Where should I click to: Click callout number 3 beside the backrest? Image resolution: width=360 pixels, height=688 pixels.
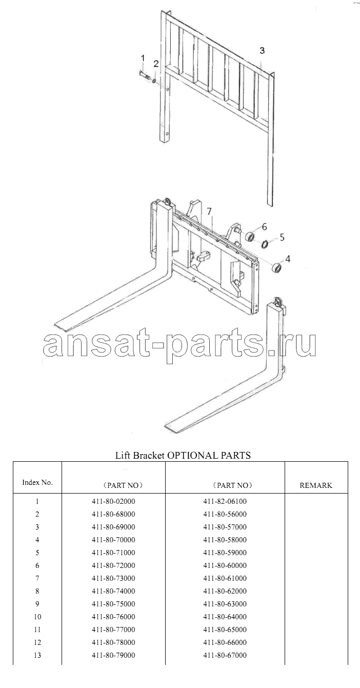pyautogui.click(x=262, y=50)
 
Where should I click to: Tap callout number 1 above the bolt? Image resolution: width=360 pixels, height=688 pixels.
pyautogui.click(x=143, y=58)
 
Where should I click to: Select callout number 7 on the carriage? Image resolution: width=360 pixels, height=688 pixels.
pyautogui.click(x=209, y=211)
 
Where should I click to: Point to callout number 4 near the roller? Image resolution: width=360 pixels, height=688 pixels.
pyautogui.click(x=288, y=259)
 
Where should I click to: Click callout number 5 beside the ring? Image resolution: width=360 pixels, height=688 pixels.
pyautogui.click(x=282, y=237)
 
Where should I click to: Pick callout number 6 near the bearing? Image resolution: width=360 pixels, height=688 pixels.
pyautogui.click(x=264, y=227)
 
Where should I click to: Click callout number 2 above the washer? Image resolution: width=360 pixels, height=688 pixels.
pyautogui.click(x=156, y=64)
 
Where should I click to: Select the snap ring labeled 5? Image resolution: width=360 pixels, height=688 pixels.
pyautogui.click(x=265, y=244)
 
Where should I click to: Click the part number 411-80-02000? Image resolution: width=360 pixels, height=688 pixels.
pyautogui.click(x=113, y=501)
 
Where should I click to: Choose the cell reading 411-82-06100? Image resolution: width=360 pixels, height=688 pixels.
pyautogui.click(x=225, y=501)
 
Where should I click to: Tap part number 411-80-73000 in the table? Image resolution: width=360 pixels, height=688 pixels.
pyautogui.click(x=113, y=578)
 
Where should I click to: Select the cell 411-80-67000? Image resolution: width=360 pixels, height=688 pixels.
pyautogui.click(x=225, y=656)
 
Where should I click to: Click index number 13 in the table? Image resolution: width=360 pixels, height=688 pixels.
pyautogui.click(x=37, y=656)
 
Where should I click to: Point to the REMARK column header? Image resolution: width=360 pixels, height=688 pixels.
pyautogui.click(x=316, y=485)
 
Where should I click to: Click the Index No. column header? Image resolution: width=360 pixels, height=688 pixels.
pyautogui.click(x=37, y=482)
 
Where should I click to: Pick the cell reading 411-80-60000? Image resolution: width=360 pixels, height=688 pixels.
pyautogui.click(x=225, y=565)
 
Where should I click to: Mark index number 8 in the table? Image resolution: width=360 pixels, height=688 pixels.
pyautogui.click(x=37, y=591)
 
